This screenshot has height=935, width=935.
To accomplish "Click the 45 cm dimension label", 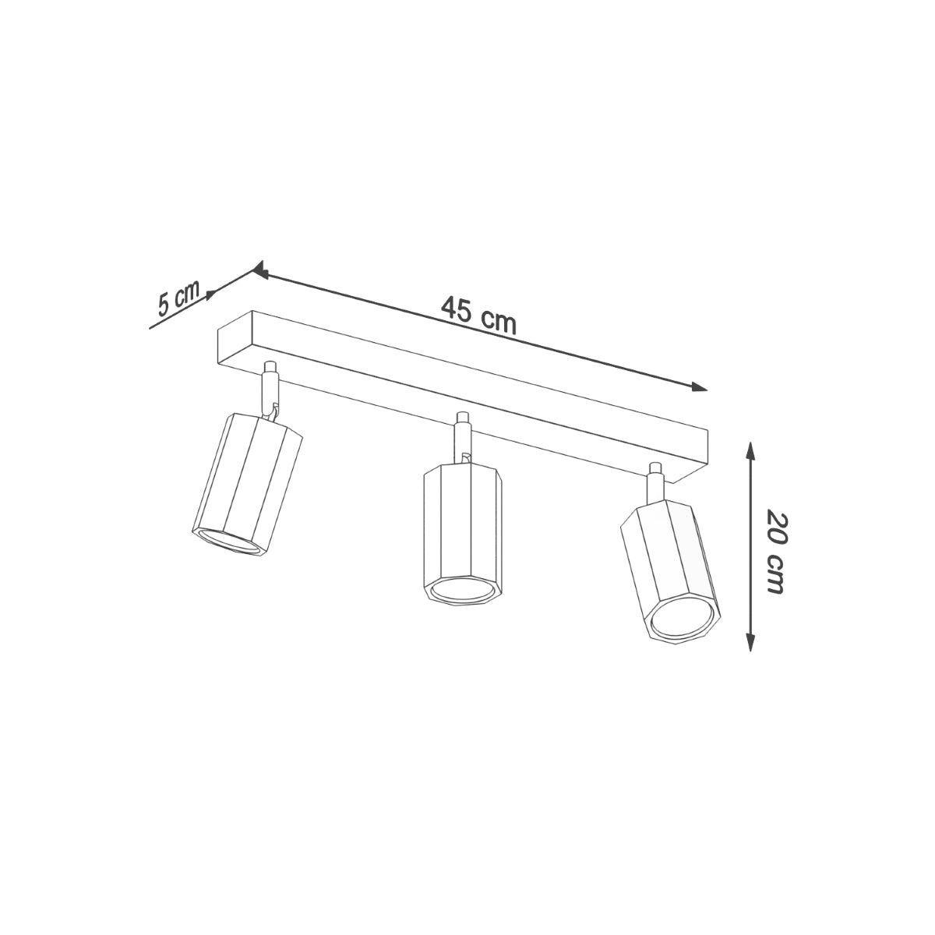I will pyautogui.click(x=478, y=315).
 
